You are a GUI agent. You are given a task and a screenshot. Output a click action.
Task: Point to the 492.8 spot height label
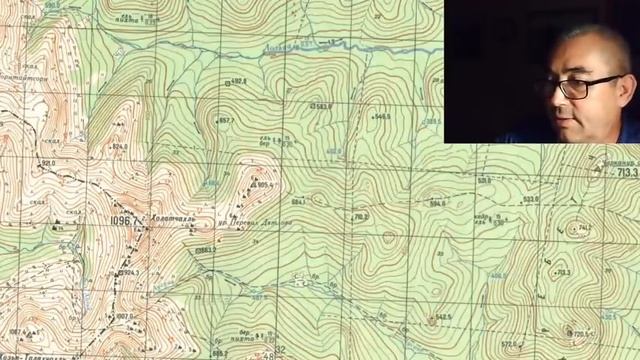pyautogui.click(x=238, y=81)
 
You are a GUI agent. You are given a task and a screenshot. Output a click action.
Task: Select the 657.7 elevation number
pyautogui.click(x=225, y=121)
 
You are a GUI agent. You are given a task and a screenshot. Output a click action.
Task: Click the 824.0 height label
pyautogui.click(x=120, y=147)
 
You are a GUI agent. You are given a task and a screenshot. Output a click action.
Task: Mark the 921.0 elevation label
pyautogui.click(x=47, y=162)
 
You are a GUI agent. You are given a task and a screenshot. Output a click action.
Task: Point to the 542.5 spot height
pyautogui.click(x=443, y=317)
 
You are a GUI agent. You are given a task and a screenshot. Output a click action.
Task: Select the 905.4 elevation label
pyautogui.click(x=265, y=185)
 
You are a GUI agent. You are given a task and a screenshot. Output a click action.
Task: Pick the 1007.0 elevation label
pyautogui.click(x=123, y=316)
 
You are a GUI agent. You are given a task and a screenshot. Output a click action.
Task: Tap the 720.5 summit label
pyautogui.click(x=580, y=334)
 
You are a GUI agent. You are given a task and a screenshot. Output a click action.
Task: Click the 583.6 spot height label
pyautogui.click(x=321, y=105)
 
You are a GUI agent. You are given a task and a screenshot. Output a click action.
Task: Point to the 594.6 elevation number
pyautogui.click(x=436, y=204)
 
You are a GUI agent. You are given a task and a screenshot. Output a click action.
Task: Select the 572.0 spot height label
pyautogui.click(x=511, y=344)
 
